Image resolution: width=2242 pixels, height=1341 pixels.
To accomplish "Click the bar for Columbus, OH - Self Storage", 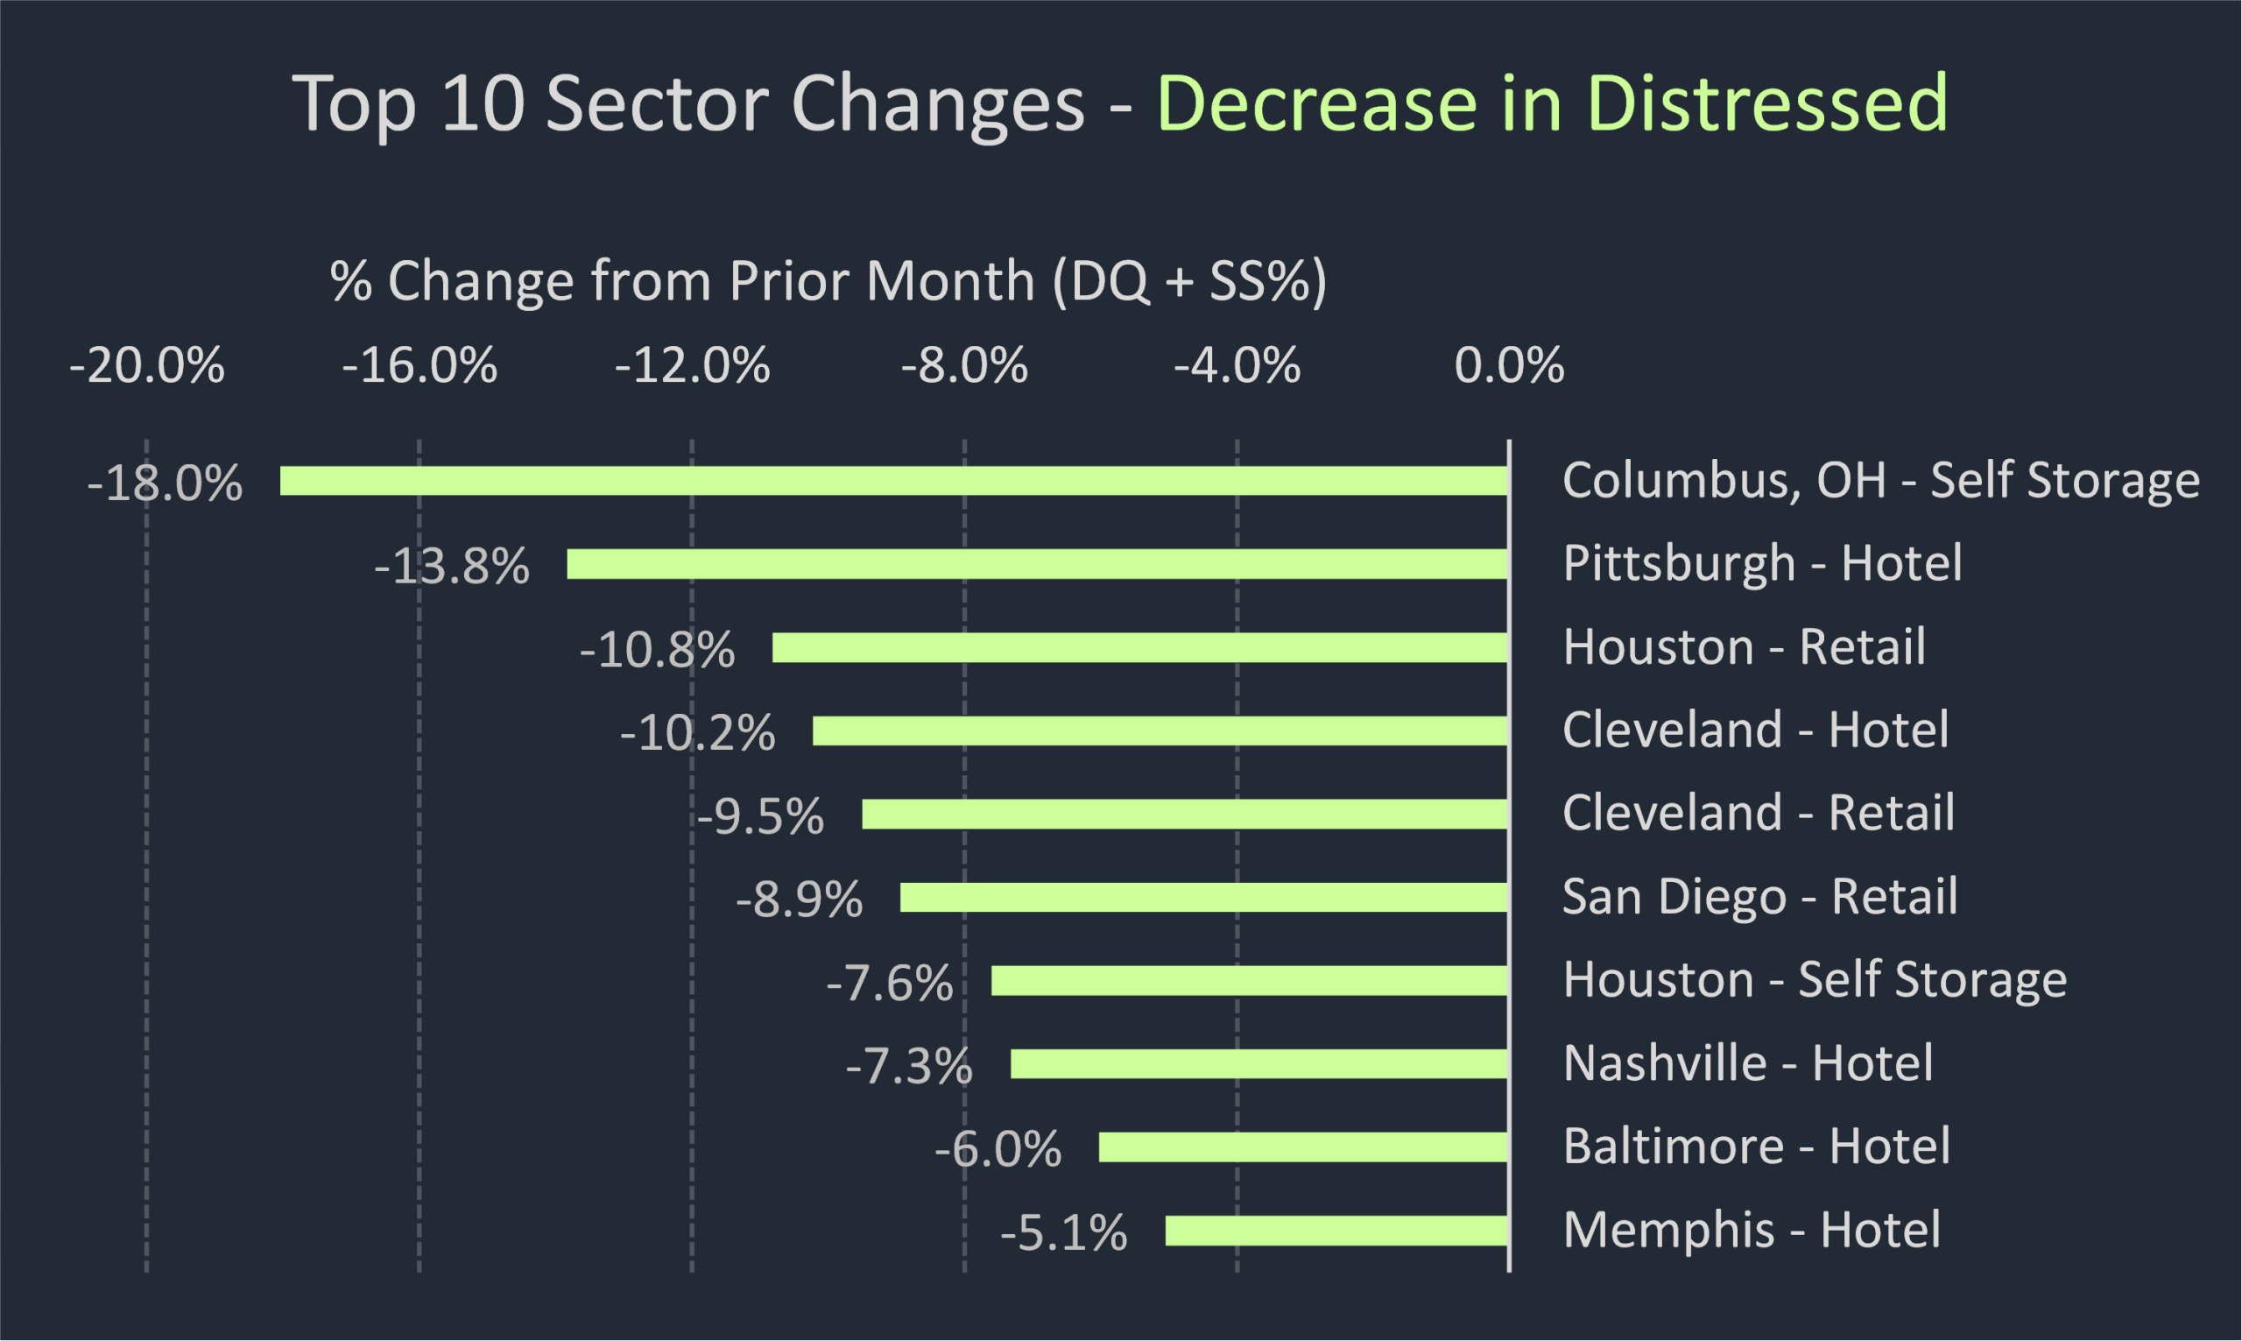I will [x=894, y=481].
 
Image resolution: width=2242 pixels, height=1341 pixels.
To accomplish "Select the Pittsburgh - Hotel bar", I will [x=1037, y=564].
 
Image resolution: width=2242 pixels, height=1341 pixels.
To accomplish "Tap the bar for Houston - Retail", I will [x=1140, y=647].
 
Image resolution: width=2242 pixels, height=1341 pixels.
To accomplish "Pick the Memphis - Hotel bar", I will [x=1337, y=1231].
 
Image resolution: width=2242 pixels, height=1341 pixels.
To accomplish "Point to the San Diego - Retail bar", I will [x=1204, y=897].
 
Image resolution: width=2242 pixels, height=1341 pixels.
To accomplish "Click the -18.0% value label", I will [x=166, y=483].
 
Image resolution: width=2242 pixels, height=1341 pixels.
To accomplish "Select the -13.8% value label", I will [x=452, y=567].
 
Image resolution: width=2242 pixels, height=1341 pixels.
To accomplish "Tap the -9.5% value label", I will [x=760, y=816].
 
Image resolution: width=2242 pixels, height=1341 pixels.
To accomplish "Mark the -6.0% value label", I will [x=998, y=1149].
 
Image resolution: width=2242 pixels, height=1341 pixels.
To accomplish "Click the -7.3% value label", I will [x=910, y=1066].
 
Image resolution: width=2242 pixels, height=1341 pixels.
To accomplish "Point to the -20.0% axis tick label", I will [x=147, y=366].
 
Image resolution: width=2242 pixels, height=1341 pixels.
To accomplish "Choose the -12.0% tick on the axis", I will [x=692, y=366].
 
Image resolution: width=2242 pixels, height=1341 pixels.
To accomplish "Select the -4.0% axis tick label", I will [x=1237, y=366].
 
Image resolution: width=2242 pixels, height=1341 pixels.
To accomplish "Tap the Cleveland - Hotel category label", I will [x=1755, y=730].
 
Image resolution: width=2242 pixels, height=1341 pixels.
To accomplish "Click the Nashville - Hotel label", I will [x=1748, y=1062].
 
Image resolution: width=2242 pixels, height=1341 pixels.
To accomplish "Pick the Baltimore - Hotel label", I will [x=1756, y=1146].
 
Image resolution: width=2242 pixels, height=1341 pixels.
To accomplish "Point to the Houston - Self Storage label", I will [x=1815, y=979].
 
